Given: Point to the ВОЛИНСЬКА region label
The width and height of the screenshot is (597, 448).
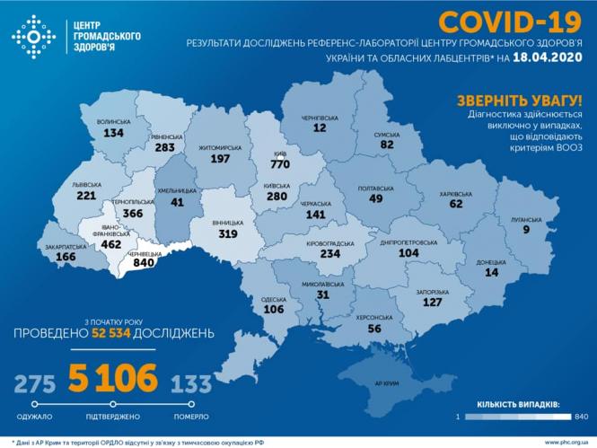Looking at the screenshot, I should pyautogui.click(x=113, y=121).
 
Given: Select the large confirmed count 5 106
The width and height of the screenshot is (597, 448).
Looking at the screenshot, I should pyautogui.click(x=113, y=378).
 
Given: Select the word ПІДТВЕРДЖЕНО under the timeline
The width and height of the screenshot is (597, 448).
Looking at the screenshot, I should pyautogui.click(x=113, y=417).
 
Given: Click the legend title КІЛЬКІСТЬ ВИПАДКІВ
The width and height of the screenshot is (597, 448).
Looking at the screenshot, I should pyautogui.click(x=514, y=405).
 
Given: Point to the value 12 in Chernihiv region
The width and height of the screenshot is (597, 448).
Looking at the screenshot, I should pyautogui.click(x=319, y=127).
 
